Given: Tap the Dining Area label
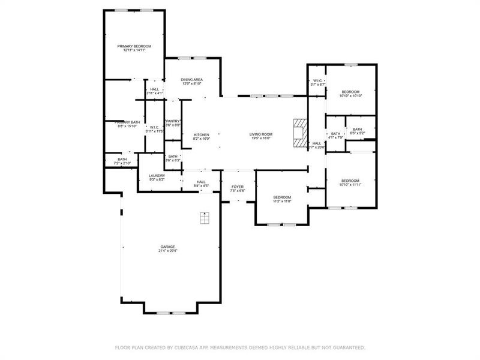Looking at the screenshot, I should point(191,82).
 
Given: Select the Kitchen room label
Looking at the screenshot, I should point(201,136).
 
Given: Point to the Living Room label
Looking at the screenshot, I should point(261,136).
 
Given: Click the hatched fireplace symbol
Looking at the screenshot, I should point(299,131).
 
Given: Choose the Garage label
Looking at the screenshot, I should point(167,248).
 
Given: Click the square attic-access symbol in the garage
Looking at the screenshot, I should point(205,217).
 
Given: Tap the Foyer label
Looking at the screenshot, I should point(238,189).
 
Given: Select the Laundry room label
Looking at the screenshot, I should point(157,178).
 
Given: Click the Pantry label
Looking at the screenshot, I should point(173,122).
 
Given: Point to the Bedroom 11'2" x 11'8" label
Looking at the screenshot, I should point(282,199).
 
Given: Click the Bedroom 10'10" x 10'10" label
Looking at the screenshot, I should point(350,93).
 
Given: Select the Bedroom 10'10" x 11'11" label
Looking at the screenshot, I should point(350,183).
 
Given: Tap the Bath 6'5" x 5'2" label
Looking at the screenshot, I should point(357,131).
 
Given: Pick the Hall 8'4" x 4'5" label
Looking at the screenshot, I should point(201,184).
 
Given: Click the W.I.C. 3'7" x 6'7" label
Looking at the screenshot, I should point(317,83).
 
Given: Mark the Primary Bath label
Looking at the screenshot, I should point(127,124).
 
